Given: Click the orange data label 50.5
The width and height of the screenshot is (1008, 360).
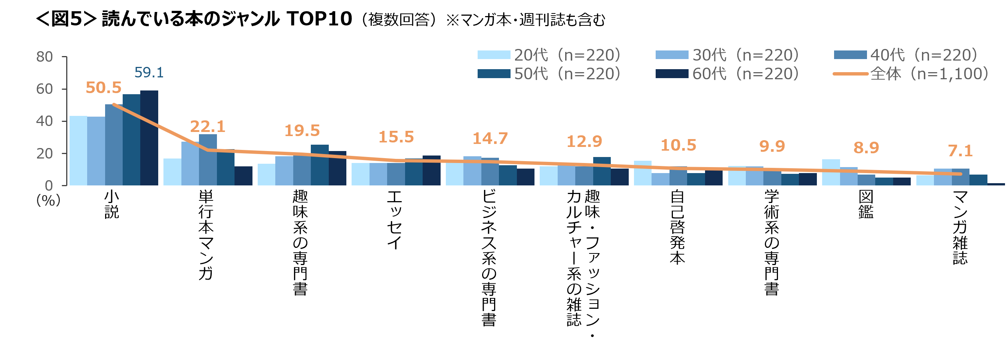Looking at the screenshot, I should pos(104,87).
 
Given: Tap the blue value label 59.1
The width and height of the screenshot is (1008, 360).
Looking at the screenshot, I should pos(149,73).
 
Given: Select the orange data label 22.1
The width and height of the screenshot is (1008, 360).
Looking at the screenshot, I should pos(208,126).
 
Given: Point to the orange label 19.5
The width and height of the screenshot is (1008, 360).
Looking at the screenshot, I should pos(302,131).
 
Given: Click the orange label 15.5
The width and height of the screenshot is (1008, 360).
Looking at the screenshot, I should pos(396,137).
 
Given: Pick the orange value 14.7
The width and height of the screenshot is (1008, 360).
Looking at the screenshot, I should pos(490,139).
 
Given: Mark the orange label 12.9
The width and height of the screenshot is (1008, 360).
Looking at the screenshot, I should pos(584,141).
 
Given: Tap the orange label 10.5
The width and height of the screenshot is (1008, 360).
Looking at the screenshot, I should pos(678,145).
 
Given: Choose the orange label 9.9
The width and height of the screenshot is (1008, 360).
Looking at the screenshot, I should pos(772,146).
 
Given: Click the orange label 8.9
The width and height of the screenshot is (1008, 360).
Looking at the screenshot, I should pos(866,148).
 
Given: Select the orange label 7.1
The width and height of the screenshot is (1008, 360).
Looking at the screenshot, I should pos(960,151).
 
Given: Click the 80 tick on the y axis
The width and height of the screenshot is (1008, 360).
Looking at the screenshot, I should pos(44,57).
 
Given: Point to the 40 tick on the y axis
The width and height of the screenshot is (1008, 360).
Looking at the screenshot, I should pos(44,121).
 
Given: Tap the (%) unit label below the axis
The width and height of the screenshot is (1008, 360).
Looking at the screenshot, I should pos(49,200).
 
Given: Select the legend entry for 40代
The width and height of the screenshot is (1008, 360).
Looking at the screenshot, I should pos(906,55).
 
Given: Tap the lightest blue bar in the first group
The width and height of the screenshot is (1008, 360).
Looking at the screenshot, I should pos(78,151).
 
